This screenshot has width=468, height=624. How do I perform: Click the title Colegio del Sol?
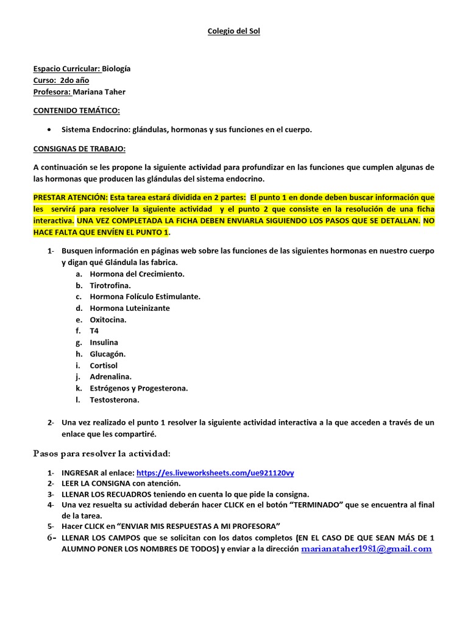(x=234, y=31)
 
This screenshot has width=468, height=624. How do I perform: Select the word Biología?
(x=116, y=69)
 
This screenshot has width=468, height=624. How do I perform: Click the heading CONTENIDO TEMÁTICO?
(x=76, y=111)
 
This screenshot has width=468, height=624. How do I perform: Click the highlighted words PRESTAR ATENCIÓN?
(x=70, y=198)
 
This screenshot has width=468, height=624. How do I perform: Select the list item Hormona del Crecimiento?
(x=136, y=274)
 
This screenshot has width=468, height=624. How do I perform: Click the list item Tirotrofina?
(x=110, y=285)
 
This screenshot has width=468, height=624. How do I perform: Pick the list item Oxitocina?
(x=108, y=319)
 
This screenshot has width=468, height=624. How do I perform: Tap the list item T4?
(x=94, y=331)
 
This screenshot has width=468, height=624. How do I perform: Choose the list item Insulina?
(x=104, y=342)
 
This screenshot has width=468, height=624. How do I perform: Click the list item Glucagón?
(x=107, y=354)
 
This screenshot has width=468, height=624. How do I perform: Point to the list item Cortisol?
(x=104, y=366)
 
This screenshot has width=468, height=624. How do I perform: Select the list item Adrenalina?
(x=110, y=377)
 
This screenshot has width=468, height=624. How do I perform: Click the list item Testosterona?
(x=114, y=400)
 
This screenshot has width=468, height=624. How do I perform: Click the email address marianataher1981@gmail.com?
(x=366, y=548)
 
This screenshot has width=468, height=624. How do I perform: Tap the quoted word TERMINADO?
(x=315, y=505)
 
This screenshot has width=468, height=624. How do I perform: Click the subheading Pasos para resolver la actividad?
(x=101, y=454)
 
